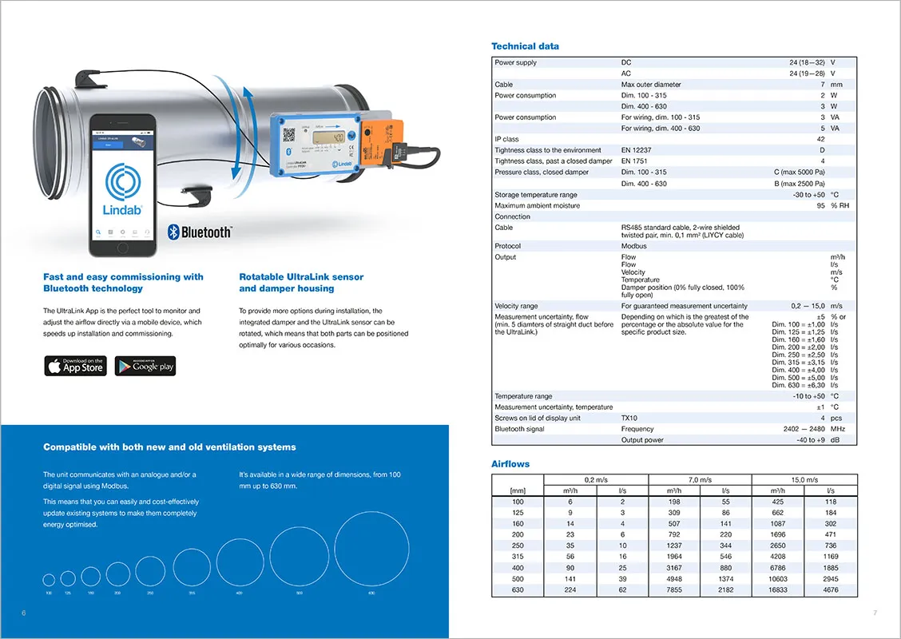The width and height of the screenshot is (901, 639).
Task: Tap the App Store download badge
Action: point(75,367)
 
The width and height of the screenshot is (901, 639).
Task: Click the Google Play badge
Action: point(145,367)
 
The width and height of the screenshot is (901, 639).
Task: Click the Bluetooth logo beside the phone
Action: point(200,232)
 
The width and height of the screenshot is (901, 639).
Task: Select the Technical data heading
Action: point(525,46)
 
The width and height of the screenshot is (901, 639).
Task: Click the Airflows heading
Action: point(510,464)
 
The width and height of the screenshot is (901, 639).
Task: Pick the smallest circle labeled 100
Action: point(49,580)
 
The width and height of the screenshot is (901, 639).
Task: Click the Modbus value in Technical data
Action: point(634,246)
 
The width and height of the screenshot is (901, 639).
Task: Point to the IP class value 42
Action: point(821,139)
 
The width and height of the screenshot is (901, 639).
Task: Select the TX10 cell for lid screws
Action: point(629,418)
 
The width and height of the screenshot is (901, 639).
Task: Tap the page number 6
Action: point(24,613)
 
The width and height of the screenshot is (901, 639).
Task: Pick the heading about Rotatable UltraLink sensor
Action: point(301,283)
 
